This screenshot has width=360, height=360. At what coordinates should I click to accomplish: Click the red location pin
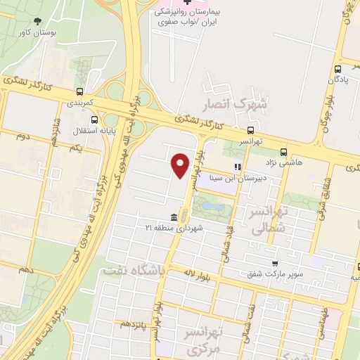click(181, 165)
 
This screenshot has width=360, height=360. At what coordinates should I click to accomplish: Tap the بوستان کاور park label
click(38, 32)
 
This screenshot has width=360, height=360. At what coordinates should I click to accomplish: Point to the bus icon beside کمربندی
click(79, 91)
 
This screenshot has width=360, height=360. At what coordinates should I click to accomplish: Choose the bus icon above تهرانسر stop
click(250, 130)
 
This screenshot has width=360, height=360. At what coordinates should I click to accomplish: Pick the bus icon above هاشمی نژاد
click(284, 151)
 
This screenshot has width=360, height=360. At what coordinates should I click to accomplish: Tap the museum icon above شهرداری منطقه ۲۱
click(173, 217)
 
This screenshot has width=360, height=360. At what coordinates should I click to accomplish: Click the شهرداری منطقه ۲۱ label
click(174, 228)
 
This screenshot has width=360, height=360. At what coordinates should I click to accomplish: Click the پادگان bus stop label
click(340, 79)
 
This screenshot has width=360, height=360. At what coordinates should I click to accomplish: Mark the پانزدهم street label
click(136, 324)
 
